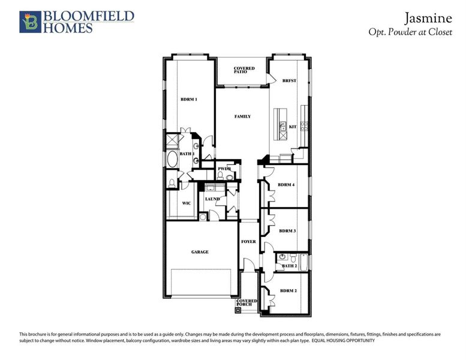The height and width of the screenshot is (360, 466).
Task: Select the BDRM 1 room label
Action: (189, 99)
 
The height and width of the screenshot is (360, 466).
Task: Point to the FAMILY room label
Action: (242, 116)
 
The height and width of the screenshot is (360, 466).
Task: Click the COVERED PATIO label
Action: (244, 70)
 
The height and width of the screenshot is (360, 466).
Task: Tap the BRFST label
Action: (290, 81)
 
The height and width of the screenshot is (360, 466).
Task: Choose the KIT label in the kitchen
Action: (293, 127)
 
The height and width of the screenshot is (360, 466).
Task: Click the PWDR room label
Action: (225, 169)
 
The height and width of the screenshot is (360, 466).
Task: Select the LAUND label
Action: (212, 199)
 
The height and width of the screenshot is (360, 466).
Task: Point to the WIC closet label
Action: (187, 203)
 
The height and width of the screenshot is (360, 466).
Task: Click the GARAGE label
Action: (200, 252)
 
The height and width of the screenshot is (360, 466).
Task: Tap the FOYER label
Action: (248, 242)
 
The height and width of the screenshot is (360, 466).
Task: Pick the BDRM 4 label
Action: (287, 185)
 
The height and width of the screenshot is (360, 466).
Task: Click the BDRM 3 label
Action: (287, 230)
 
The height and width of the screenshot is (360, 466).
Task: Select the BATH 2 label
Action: (290, 266)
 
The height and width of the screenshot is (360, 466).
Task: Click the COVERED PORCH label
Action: (246, 302)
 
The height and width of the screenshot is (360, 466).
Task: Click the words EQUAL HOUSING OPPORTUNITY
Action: (343, 341)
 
